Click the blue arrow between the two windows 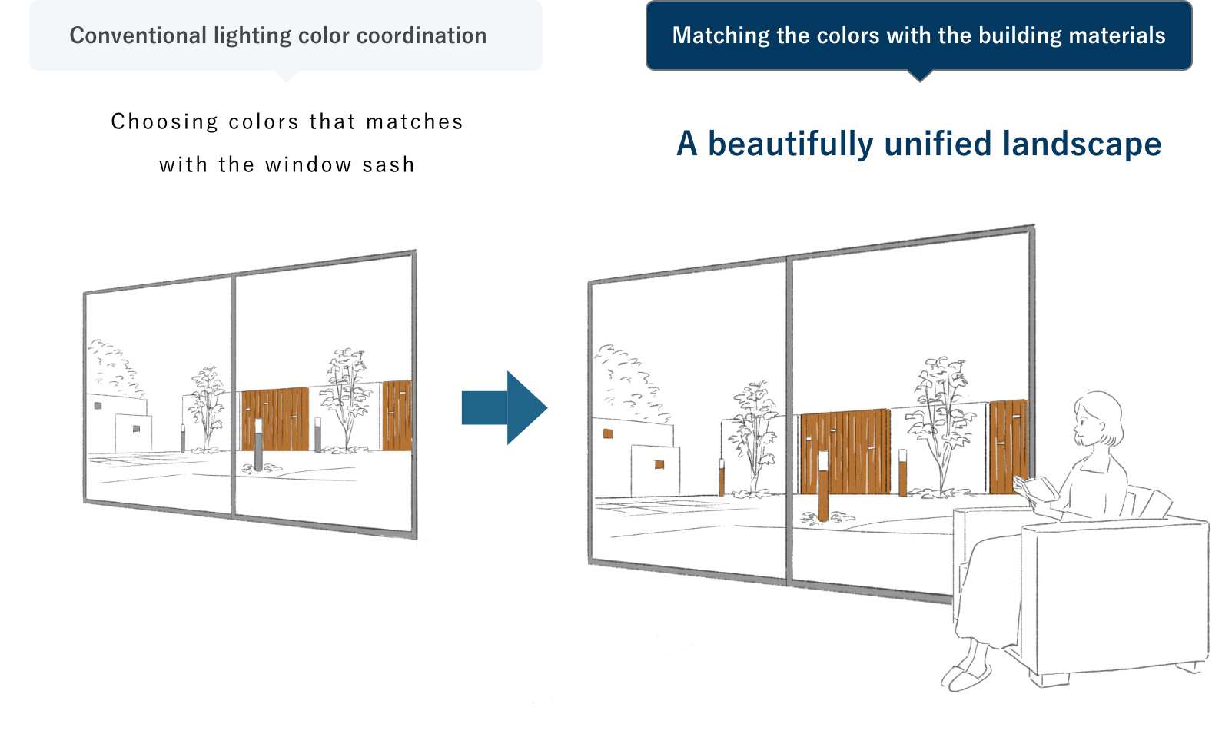click(505, 407)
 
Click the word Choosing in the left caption click(164, 121)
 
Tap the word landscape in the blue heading click(1082, 144)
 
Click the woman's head click(1097, 418)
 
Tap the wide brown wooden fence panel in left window click(275, 419)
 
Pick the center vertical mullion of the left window click(233, 395)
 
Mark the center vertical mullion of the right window click(789, 420)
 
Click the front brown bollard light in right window click(823, 486)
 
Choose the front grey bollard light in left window click(258, 445)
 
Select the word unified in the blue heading click(938, 144)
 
